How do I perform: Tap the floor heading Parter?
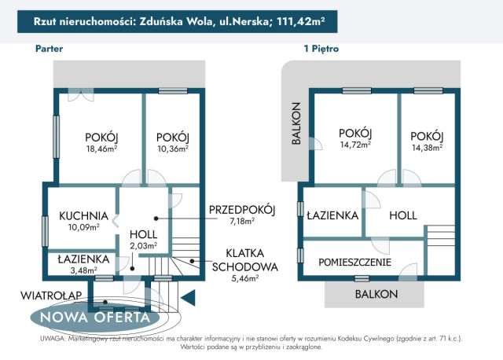pos(50,49)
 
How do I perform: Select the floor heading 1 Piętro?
pos(321,49)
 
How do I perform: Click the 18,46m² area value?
pos(101,148)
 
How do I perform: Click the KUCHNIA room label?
pos(83,215)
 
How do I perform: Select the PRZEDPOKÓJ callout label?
pos(241,209)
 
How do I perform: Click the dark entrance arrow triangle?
pos(187,298)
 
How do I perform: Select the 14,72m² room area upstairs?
pos(354,145)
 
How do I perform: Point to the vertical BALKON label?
pos(296,123)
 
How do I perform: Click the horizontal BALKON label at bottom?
pos(376,294)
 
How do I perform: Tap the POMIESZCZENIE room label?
pos(354,262)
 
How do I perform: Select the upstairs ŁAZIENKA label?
pos(333,215)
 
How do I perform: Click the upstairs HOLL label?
pos(402,215)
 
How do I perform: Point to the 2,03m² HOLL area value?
pos(143,245)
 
